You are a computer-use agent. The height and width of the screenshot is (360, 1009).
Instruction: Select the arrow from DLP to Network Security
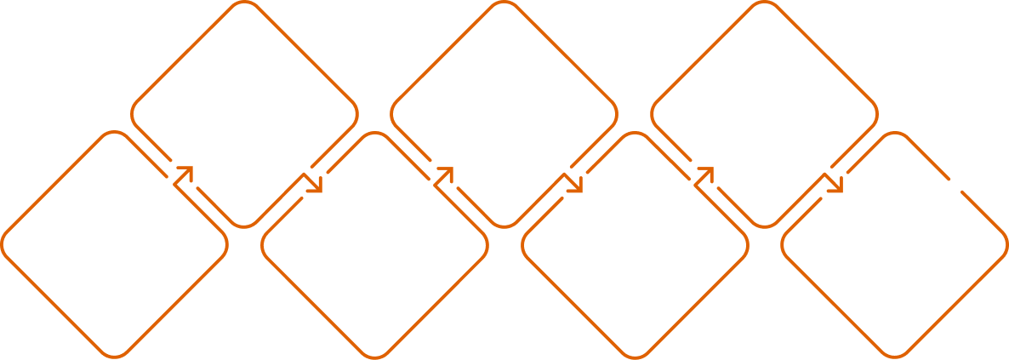(x=314, y=183)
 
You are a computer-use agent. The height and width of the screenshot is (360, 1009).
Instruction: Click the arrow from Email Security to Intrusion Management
(x=574, y=183)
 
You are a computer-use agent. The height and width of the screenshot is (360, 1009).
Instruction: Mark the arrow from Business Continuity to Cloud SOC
(x=835, y=183)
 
